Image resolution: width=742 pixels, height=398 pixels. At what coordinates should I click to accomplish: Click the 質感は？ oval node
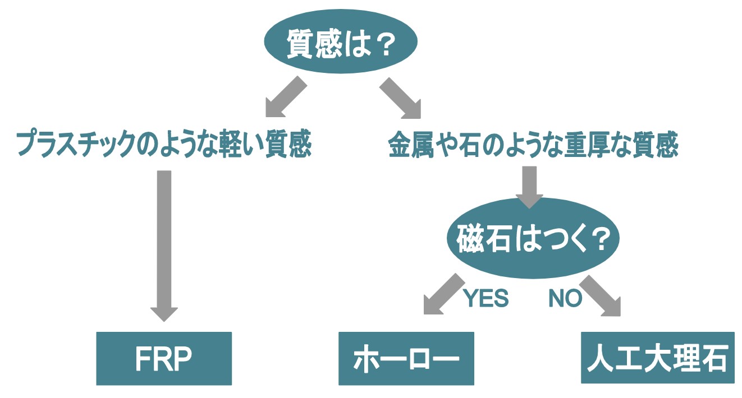click(341, 45)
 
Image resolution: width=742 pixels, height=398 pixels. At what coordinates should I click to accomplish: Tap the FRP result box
click(164, 359)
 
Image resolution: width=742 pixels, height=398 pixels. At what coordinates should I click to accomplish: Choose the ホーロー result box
click(406, 359)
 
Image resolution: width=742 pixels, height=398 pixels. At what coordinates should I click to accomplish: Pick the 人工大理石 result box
click(657, 357)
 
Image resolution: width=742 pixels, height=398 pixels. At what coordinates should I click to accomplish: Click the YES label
click(486, 299)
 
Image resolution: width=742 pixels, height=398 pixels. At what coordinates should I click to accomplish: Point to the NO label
click(565, 299)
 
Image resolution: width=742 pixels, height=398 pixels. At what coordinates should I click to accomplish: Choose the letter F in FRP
click(143, 359)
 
